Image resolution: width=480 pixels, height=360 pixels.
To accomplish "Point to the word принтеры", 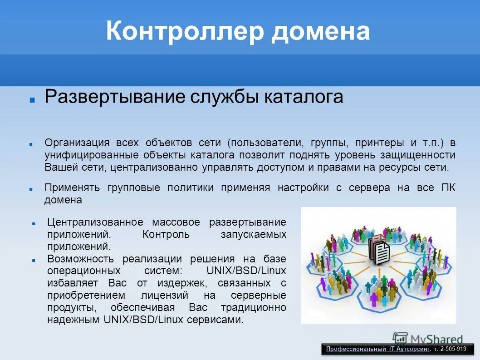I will pos(380,143).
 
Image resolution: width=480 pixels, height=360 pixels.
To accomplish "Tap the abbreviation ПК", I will pos(449,188).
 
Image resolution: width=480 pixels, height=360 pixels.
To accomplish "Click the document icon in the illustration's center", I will pos(380,250).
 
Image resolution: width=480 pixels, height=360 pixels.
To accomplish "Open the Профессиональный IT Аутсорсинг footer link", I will pos(377,349).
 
